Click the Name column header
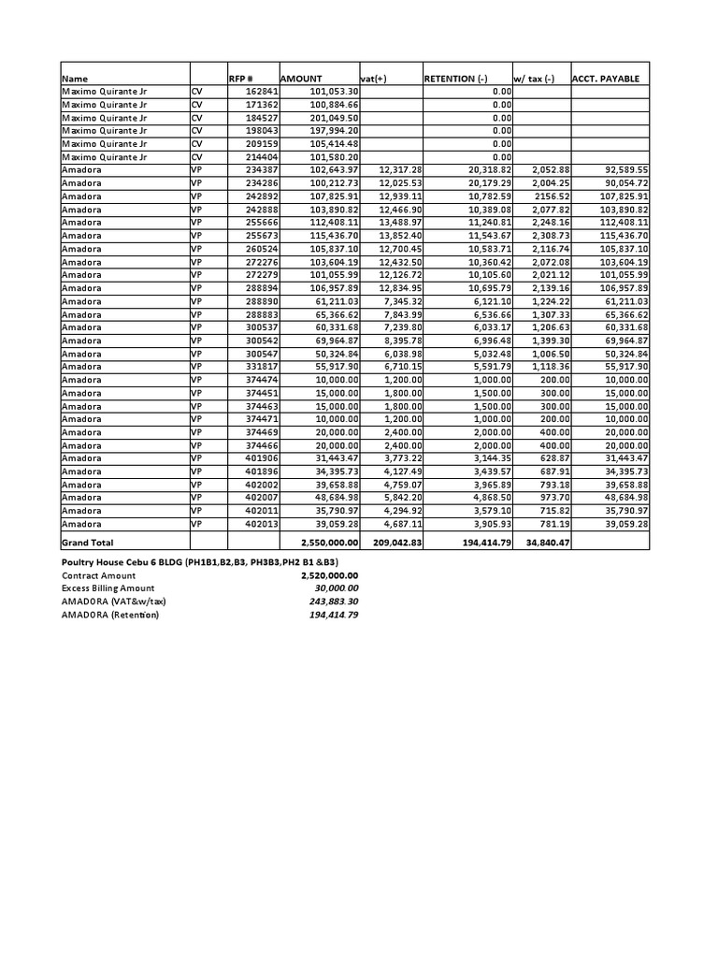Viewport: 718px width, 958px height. (x=75, y=79)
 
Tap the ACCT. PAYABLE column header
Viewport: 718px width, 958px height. (x=606, y=79)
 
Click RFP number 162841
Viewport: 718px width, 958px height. (x=261, y=92)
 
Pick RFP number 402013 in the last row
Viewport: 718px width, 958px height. (x=261, y=525)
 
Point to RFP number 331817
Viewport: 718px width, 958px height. (x=261, y=368)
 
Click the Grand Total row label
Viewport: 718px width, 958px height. (x=87, y=543)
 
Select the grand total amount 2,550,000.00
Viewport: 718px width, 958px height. (x=329, y=543)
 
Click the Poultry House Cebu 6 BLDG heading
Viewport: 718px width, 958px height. (x=205, y=561)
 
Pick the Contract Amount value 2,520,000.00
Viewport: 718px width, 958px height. (x=329, y=575)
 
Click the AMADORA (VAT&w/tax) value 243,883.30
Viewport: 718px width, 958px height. (x=334, y=602)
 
